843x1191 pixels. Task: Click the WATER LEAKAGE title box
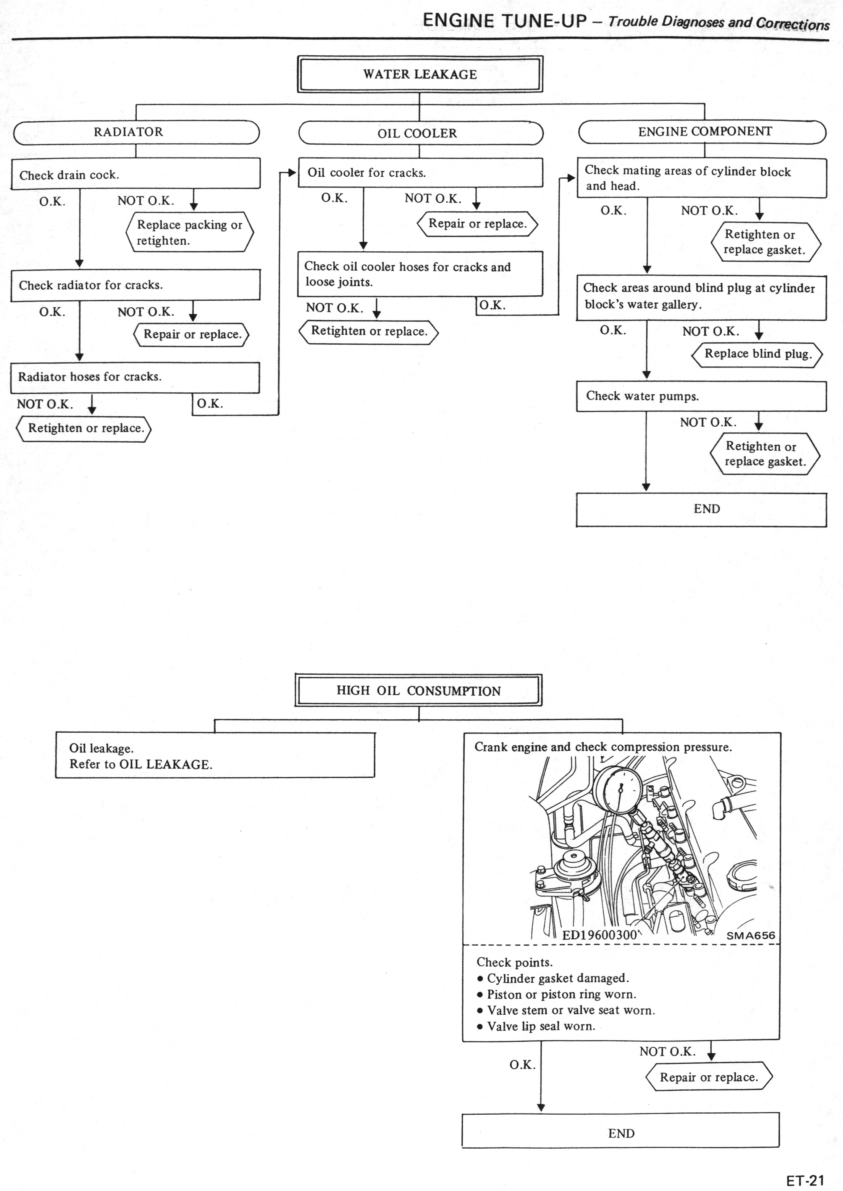[420, 74]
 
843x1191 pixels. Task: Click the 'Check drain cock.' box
[135, 174]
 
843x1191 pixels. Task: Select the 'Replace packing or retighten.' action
[189, 232]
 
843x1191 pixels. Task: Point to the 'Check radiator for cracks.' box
[135, 285]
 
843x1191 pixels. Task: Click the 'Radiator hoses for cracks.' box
[134, 377]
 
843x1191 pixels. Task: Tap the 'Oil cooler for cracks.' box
[420, 173]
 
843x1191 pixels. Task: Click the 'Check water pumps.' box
[701, 396]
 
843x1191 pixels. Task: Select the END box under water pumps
[701, 509]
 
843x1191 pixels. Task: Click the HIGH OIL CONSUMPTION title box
[418, 690]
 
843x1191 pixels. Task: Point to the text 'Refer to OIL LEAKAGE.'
[140, 765]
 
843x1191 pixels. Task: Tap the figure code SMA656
[751, 935]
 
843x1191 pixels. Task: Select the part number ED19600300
[599, 935]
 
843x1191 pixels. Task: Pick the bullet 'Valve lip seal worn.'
[541, 1026]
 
